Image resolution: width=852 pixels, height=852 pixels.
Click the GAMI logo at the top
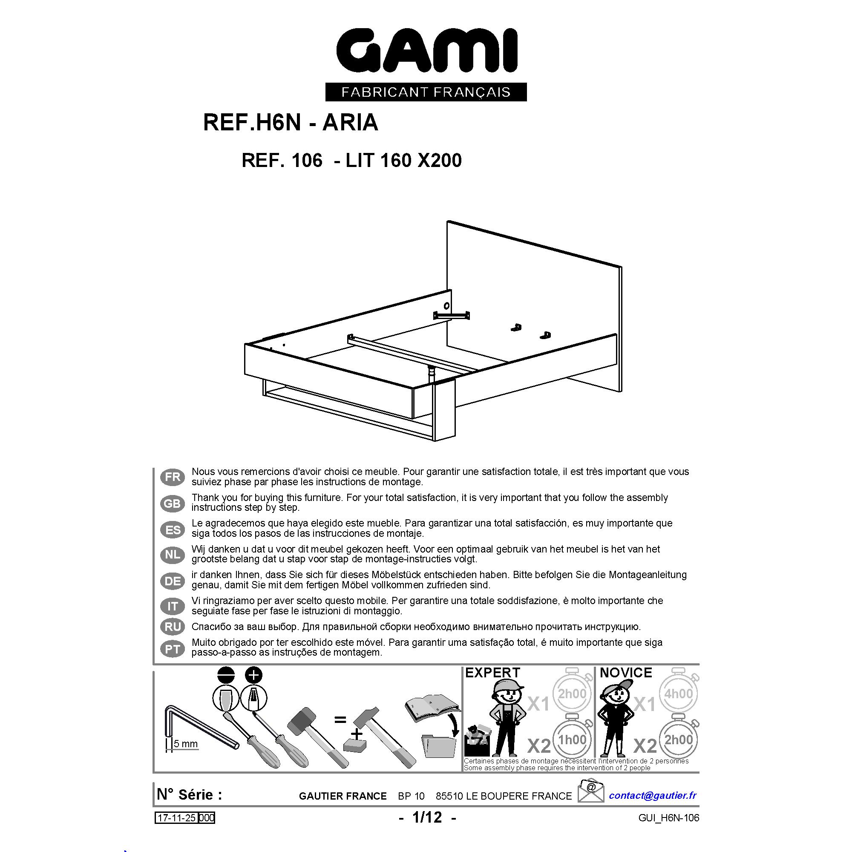(426, 50)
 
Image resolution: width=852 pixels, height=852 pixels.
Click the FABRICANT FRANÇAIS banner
(426, 92)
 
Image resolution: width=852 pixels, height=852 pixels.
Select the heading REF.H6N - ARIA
(291, 123)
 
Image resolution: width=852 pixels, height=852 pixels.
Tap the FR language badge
(173, 477)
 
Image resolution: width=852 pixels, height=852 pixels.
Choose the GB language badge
(173, 503)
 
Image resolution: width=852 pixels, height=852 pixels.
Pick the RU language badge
(173, 627)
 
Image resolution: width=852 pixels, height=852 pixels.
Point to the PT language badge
(173, 649)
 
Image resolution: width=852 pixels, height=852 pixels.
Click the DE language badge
(173, 581)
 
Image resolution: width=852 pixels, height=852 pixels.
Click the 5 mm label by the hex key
(185, 744)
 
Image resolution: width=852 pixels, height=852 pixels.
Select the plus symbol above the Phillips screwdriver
(253, 675)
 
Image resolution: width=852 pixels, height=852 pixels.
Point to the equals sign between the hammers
(340, 720)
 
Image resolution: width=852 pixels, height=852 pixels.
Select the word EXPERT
(492, 673)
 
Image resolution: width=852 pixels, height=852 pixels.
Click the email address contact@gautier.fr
(653, 795)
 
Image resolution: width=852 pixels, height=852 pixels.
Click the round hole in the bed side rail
(447, 305)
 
